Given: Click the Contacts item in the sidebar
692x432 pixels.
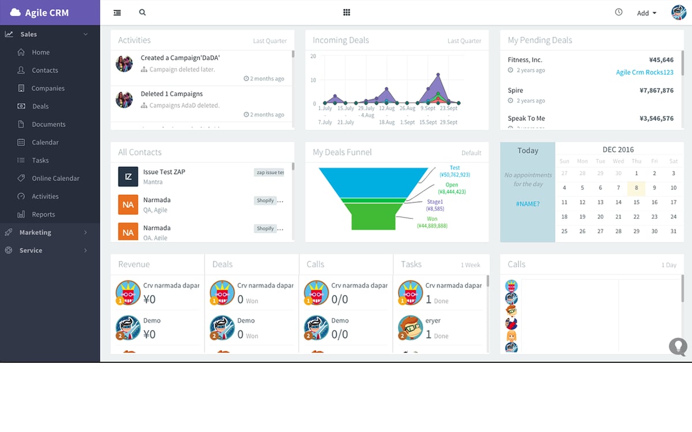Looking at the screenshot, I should (45, 70).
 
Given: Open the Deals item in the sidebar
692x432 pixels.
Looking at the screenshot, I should (40, 107).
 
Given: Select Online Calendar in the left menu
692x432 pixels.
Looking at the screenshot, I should (55, 179).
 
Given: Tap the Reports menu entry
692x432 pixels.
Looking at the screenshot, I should (43, 214).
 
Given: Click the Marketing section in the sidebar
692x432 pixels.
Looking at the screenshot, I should (35, 233).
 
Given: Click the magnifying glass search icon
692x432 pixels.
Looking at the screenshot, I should (142, 12).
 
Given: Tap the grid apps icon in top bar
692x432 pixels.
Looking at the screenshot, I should (347, 12).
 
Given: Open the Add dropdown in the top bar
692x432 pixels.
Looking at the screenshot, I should (646, 13).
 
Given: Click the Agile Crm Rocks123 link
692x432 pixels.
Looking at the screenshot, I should (645, 73).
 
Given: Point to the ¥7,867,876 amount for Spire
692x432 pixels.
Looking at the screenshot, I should (656, 90).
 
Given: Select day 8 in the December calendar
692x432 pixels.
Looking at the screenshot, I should (636, 188).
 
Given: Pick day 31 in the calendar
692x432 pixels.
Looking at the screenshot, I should (673, 232).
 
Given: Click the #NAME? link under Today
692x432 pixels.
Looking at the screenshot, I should (528, 204).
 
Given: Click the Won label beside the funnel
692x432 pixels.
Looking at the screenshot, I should (432, 219).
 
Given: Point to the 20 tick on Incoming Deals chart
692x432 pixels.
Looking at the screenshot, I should (313, 56).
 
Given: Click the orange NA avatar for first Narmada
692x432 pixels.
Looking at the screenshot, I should (128, 204).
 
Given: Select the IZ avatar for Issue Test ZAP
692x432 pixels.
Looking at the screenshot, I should (128, 177).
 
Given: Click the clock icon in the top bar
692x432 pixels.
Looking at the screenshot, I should (619, 12).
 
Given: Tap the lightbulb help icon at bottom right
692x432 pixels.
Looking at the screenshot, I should (678, 346).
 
